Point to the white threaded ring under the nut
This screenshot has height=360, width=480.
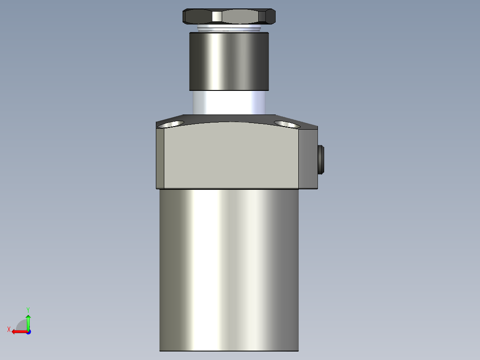[x=228, y=28]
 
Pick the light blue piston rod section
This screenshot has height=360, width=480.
[x=229, y=102]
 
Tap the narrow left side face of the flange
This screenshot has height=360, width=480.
[x=160, y=158]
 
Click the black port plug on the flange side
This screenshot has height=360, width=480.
[x=321, y=160]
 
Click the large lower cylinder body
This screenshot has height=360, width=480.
[x=228, y=267]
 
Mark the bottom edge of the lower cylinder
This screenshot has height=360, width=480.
[x=228, y=351]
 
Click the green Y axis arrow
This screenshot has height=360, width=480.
[x=28, y=321]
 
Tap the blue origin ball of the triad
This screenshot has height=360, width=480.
[x=28, y=331]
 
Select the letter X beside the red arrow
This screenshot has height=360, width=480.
[x=9, y=329]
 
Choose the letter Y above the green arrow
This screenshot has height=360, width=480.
[x=28, y=309]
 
